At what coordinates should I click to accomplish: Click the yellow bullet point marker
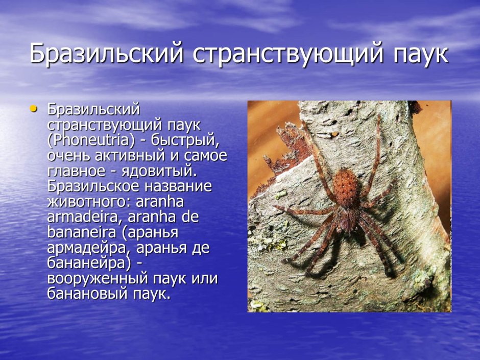(x=34, y=108)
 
